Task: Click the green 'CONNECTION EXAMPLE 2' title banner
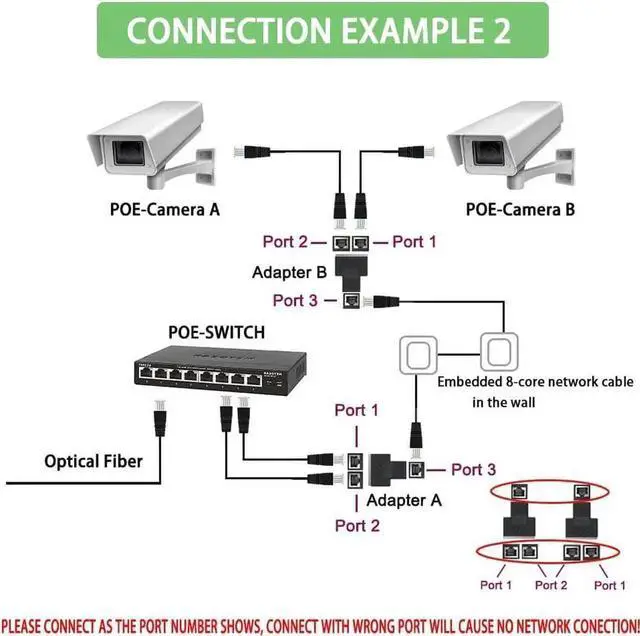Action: coord(320,30)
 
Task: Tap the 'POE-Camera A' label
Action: coord(164,209)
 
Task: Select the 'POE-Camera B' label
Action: coord(520,209)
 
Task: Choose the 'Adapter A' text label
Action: coord(403,499)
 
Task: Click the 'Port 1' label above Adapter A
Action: coord(357,410)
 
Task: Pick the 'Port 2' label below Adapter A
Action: coord(357,525)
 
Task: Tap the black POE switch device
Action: coord(210,372)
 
